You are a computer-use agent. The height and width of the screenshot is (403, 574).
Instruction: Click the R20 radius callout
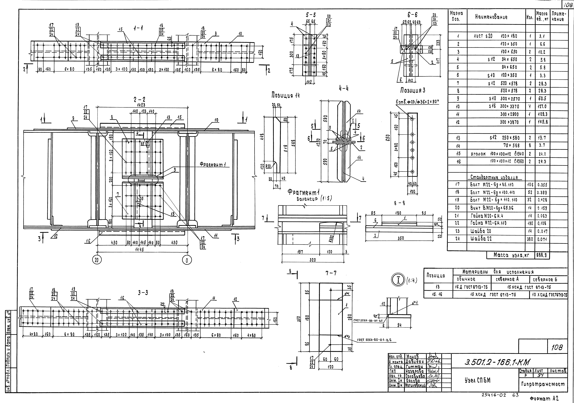point(268,166)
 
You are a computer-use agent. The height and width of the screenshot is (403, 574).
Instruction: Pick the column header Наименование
point(491,17)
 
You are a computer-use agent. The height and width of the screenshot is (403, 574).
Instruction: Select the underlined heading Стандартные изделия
point(494,177)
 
